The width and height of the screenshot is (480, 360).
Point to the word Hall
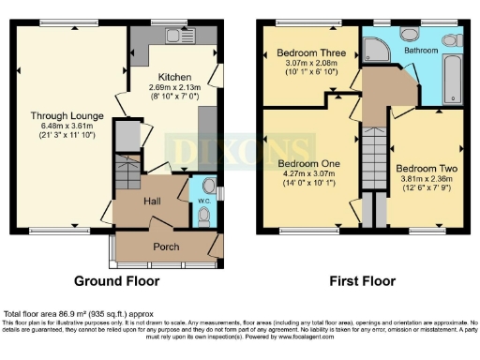pos(154,201)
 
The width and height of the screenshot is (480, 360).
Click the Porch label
pos(165,247)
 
